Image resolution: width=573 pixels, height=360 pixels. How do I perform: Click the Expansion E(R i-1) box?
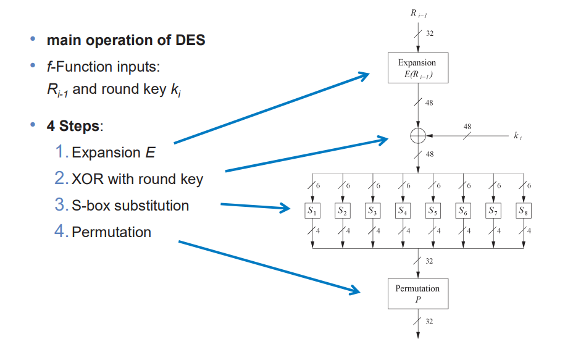click(417, 68)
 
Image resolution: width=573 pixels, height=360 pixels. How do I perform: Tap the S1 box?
click(312, 211)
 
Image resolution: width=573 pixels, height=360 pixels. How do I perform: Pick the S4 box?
click(403, 211)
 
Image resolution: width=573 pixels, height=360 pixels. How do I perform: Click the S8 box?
click(524, 211)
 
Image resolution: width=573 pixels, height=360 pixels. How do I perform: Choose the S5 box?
click(433, 211)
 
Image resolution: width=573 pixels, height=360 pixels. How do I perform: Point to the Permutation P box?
click(417, 293)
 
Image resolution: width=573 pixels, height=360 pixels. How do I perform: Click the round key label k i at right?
click(517, 136)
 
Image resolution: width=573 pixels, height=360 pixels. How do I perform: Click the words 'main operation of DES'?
click(126, 41)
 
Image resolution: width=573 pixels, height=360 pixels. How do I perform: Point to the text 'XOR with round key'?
click(137, 179)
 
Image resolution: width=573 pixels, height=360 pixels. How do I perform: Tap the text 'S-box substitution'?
click(130, 206)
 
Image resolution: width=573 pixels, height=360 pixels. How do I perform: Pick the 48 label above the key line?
click(467, 127)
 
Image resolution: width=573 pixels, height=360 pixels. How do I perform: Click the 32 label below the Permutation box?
click(429, 322)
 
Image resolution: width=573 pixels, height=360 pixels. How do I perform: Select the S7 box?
click(493, 211)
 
